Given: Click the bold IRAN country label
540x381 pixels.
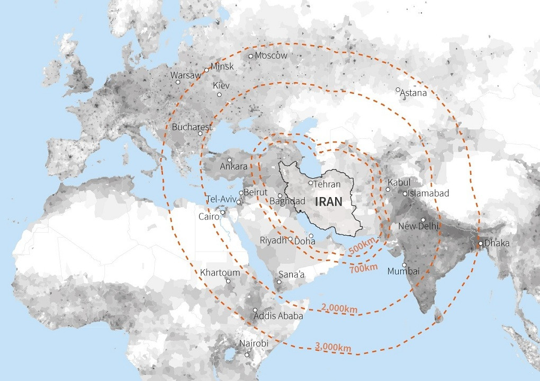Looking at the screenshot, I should click(x=328, y=201).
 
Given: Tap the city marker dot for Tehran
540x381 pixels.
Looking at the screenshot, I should click(x=310, y=183).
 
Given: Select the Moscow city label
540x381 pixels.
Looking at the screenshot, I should click(x=271, y=56).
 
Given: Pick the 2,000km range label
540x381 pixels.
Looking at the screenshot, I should click(x=339, y=308).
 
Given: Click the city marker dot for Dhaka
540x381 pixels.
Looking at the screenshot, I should click(x=480, y=244).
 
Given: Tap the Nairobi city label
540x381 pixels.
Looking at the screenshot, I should click(x=254, y=343).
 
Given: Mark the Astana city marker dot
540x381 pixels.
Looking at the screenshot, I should click(x=398, y=90).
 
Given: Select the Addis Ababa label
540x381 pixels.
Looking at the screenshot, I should click(x=278, y=316).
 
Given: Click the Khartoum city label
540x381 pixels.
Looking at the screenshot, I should click(x=220, y=272).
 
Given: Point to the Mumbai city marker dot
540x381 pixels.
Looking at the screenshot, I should click(x=404, y=265).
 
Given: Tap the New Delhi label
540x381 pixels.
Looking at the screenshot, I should click(x=419, y=226).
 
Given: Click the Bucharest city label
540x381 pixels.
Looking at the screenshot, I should click(x=192, y=127).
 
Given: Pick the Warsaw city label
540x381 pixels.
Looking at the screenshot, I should click(x=185, y=75).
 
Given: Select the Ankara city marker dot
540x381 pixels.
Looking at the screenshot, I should click(x=229, y=160).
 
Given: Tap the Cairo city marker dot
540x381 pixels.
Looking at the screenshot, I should click(x=223, y=213).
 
